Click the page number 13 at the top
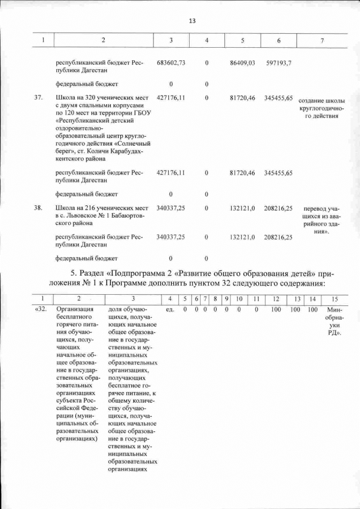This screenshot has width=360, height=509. (192, 21)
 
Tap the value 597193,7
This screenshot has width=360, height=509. (278, 63)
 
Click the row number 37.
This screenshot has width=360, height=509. (39, 97)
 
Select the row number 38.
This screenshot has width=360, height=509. (39, 208)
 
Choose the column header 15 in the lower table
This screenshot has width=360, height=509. (335, 298)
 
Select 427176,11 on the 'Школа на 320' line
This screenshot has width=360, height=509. (171, 97)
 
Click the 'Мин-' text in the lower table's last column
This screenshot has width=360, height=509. (334, 309)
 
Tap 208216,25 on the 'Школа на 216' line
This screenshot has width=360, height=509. (278, 208)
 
